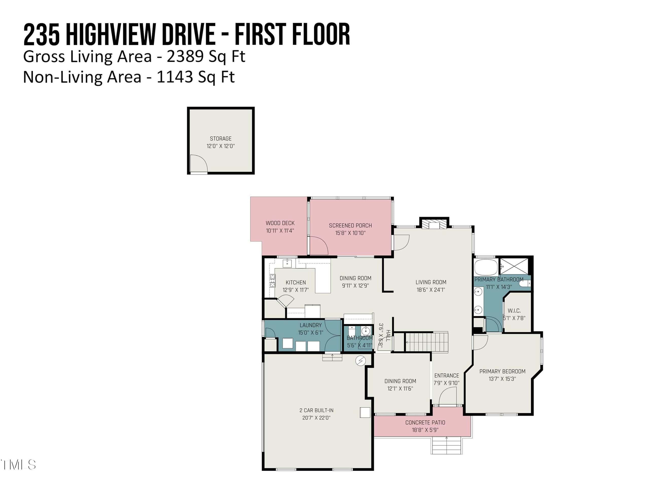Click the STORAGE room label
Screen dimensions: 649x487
[x=221, y=138]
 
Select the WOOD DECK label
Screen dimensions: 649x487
[x=280, y=223]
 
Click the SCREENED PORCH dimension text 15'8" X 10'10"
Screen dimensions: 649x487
[x=350, y=233]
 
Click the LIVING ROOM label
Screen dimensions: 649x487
[x=431, y=282]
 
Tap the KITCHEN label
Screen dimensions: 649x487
[x=296, y=282]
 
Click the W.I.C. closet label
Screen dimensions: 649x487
[x=514, y=310]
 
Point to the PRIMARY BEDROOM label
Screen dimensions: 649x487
[x=502, y=371]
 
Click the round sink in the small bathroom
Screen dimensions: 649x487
[x=366, y=331]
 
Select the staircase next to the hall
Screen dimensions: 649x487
[x=427, y=342]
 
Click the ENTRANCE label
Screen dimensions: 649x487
[x=446, y=376]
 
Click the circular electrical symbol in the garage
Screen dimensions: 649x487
[x=360, y=361]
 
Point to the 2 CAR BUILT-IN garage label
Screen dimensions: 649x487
[x=316, y=410]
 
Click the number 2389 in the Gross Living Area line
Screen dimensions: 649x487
[x=185, y=56]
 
